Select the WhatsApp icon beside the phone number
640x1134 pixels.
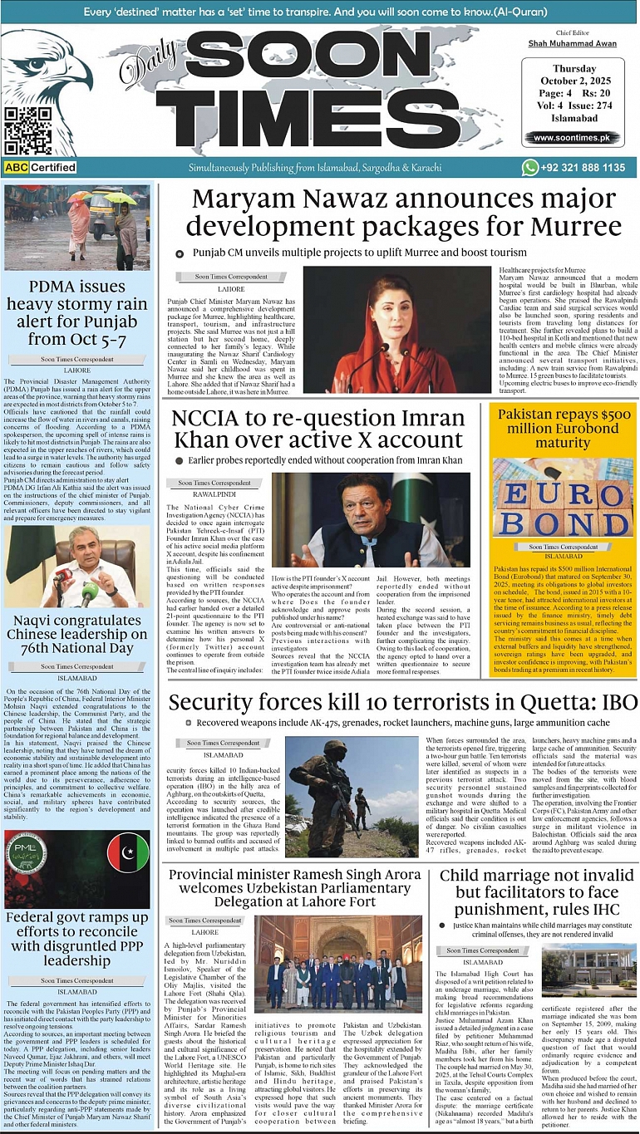click(530, 167)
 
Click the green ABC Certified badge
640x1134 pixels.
click(40, 168)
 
